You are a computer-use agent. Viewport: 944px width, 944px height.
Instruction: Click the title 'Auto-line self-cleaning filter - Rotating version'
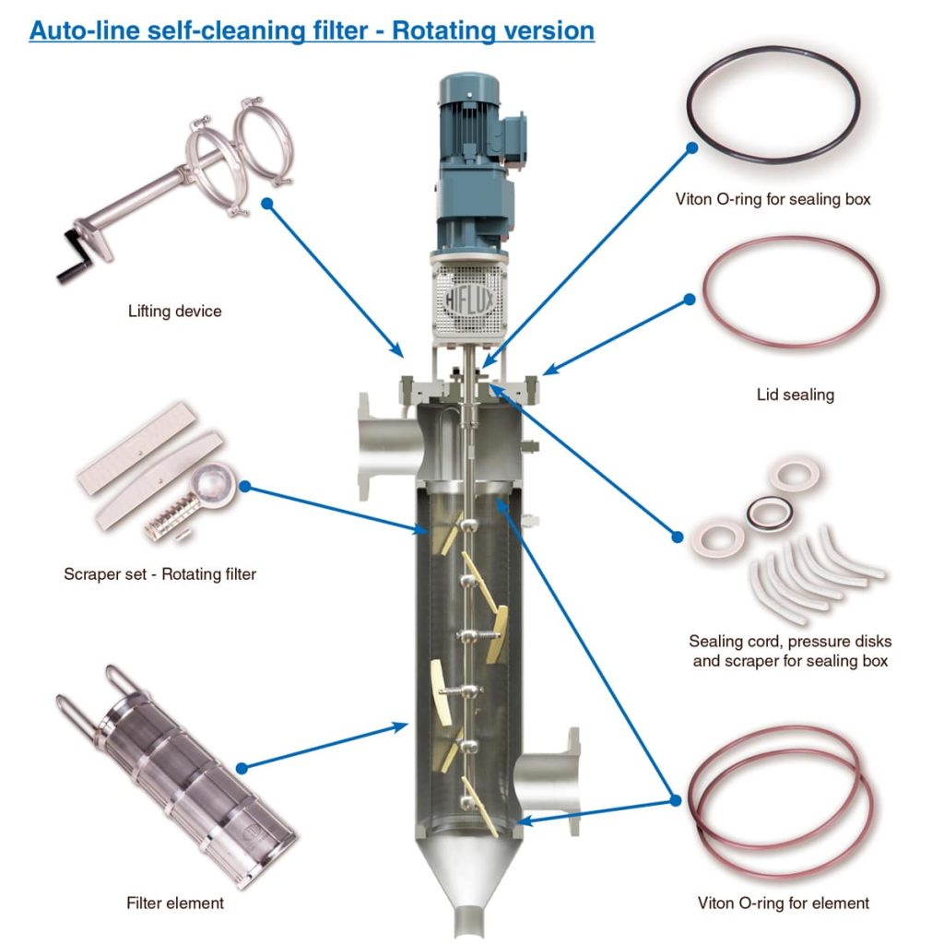312,29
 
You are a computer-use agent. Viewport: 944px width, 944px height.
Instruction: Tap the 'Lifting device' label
174,312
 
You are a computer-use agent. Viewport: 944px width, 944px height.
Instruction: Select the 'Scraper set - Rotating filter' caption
159,574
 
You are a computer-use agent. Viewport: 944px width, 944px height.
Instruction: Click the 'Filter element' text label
174,903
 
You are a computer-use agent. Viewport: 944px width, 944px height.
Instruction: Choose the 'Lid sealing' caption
795,395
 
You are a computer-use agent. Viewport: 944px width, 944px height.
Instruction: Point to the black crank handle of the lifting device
71,268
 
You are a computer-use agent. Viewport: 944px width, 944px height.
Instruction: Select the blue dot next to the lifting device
266,203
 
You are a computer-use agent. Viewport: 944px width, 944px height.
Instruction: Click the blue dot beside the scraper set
247,485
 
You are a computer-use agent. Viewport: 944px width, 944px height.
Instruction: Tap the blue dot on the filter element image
242,767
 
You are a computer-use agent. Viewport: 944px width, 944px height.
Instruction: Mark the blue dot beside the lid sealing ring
689,300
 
